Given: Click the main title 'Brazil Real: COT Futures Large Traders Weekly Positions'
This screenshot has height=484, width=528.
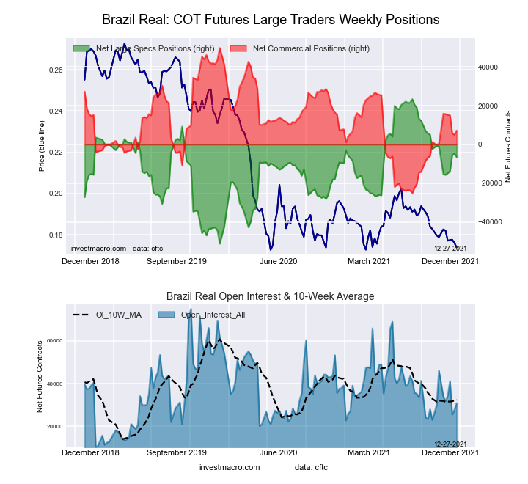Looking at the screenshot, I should tap(271, 19).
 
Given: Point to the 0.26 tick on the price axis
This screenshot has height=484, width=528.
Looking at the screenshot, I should tap(56, 70).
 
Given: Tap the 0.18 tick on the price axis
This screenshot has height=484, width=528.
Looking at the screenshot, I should tap(56, 235).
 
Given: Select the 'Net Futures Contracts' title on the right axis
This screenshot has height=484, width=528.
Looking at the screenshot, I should tap(507, 146).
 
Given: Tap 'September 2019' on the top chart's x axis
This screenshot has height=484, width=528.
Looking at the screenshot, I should tap(177, 260).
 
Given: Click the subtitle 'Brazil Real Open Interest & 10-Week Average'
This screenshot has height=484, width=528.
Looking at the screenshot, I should tap(271, 296).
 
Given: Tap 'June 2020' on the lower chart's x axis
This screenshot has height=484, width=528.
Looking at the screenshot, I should tap(279, 452).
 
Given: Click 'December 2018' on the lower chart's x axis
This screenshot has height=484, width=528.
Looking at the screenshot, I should tap(91, 452).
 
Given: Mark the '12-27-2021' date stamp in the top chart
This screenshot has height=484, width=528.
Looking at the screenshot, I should tap(450, 249).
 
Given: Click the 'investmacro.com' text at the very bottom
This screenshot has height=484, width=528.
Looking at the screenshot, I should tap(230, 467).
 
